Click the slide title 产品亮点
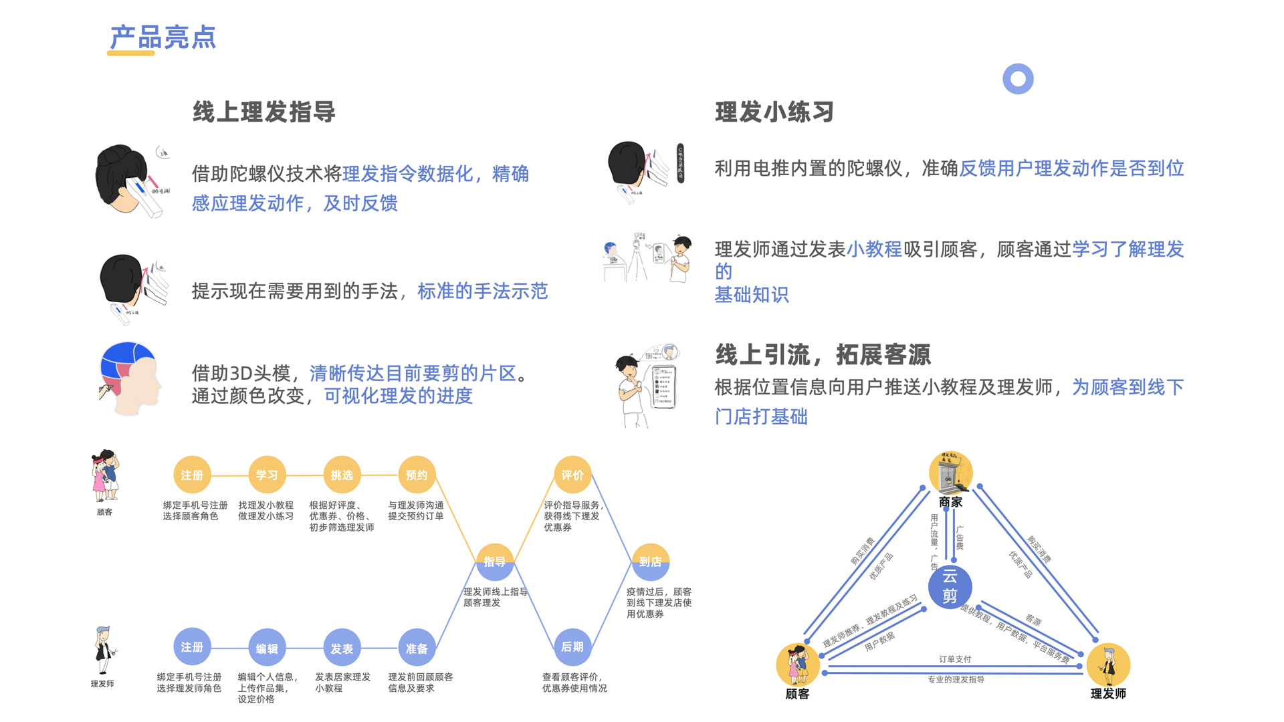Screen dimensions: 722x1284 163,37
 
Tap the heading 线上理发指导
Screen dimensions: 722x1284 264,112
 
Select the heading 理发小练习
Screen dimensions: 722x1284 774,112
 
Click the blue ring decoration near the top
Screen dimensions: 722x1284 1018,79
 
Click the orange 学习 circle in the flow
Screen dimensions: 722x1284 267,475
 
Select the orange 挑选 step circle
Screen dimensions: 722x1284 342,475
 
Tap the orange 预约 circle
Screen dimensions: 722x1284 417,475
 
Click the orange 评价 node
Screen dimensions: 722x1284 572,475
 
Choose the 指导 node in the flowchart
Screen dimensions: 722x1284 495,562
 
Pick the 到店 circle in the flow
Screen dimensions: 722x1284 650,562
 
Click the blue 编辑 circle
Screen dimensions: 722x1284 267,648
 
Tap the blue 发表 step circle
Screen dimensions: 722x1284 342,648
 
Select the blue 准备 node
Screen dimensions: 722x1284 417,648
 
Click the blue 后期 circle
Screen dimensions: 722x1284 572,646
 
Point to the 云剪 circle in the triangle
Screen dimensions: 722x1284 950,586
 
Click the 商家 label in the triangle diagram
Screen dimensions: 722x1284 950,502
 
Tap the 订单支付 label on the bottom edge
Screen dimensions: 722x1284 955,659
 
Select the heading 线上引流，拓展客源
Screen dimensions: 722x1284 823,354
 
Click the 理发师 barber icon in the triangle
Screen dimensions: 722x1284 1108,665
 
